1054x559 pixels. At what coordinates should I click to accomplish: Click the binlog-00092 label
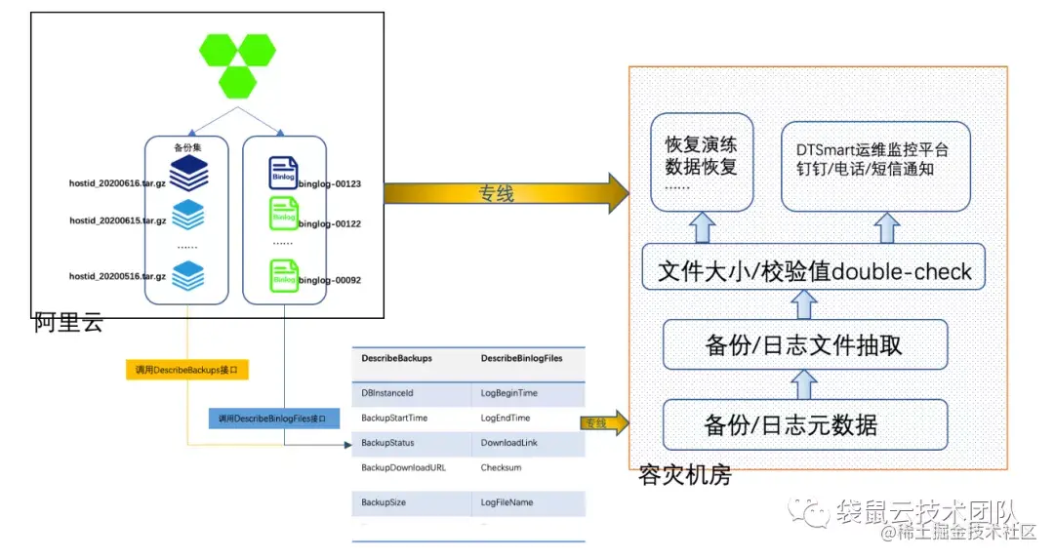coord(330,280)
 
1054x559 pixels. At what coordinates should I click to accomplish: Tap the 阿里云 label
coord(68,323)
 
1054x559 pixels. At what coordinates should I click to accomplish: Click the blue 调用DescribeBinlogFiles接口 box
coord(272,419)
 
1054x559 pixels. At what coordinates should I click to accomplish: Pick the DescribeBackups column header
coord(396,359)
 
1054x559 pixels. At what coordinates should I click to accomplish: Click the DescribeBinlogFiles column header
coord(521,359)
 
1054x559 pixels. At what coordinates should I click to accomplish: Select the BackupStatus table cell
coord(386,443)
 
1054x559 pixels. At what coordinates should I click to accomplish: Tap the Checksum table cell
coord(500,467)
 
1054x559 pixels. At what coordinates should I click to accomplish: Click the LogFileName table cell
coord(507,502)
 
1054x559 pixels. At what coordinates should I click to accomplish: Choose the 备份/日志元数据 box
coord(804,425)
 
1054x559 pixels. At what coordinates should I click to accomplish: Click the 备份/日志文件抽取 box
coord(804,345)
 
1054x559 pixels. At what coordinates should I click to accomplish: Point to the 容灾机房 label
coord(684,477)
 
